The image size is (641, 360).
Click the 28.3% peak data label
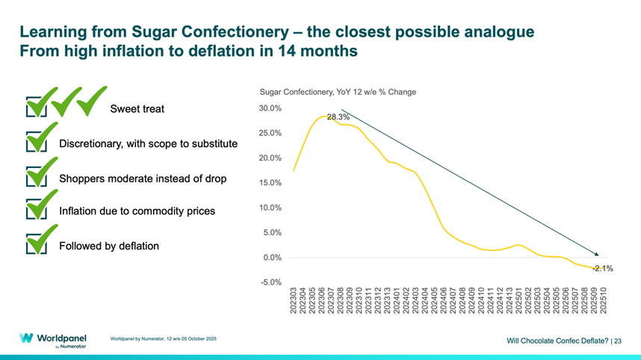coord(338,117)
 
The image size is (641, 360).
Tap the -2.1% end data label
coord(603,268)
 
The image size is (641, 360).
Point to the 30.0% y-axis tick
coord(270,108)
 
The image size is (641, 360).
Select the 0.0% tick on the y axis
coord(273,258)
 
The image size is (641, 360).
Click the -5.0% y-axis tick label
coord(271,282)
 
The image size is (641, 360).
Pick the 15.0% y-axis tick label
coord(270,183)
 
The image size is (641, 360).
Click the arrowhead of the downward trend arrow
coord(595,255)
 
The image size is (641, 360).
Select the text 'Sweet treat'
coord(137,109)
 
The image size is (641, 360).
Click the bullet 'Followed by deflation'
coord(109,246)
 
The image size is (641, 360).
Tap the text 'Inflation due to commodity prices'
coord(137,211)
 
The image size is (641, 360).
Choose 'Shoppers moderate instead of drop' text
coord(143,179)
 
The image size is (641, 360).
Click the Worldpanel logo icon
coord(26,338)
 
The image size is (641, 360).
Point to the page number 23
coord(617,341)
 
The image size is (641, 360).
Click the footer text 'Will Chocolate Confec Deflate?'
coord(557,341)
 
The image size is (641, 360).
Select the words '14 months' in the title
coord(318,52)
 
